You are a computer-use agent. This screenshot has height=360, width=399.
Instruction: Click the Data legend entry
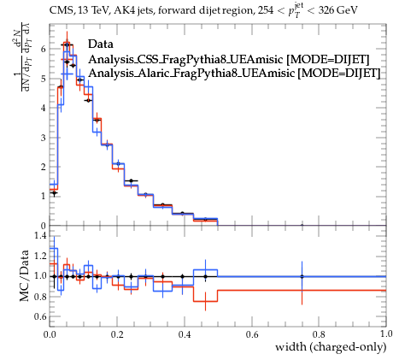[101, 44]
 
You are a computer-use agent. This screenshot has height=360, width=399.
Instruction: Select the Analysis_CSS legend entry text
[229, 59]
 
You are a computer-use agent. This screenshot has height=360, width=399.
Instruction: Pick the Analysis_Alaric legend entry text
[234, 73]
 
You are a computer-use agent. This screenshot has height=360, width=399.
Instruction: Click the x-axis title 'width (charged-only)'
[331, 347]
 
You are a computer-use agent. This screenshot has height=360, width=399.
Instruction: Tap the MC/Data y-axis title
[25, 275]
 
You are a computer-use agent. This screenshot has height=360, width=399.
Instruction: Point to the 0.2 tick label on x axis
[117, 334]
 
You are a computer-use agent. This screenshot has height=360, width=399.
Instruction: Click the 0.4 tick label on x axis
[185, 334]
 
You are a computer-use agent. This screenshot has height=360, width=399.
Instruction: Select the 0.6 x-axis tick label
[252, 334]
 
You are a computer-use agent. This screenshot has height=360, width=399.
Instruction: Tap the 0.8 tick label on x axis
[319, 334]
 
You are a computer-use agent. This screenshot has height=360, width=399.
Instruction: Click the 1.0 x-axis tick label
[386, 334]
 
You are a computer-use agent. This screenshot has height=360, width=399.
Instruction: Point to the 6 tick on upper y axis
[43, 49]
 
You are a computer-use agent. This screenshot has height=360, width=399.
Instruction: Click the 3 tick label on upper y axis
[43, 138]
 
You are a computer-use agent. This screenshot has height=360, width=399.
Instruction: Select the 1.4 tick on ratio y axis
[40, 235]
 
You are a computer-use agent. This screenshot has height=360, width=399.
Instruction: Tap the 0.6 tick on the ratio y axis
[40, 316]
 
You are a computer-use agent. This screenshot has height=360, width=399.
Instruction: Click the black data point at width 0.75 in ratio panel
[302, 276]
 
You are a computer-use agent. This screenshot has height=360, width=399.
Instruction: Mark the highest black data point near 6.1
[67, 45]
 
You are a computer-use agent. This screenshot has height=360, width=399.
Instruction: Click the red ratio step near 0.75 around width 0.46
[205, 301]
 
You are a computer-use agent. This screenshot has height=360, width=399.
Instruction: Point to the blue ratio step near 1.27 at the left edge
[54, 248]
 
